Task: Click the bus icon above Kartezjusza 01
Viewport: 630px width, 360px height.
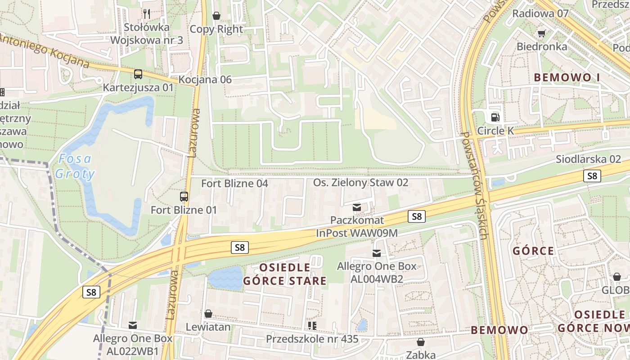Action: pos(138,74)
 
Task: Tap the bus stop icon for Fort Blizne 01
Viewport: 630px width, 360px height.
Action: pos(184,197)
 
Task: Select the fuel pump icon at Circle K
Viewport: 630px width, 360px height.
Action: pos(495,117)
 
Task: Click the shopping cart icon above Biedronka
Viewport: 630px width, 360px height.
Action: pos(542,33)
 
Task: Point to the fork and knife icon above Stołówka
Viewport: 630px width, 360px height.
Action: pos(146,14)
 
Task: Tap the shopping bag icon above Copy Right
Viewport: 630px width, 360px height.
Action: pos(216,16)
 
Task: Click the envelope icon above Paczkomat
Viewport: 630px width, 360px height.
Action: pos(357,207)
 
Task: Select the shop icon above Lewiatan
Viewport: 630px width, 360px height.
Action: pos(208,314)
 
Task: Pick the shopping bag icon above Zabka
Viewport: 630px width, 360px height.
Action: pos(421,342)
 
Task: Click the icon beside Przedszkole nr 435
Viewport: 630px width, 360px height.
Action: pos(312,325)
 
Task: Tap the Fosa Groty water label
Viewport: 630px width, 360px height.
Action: pos(75,166)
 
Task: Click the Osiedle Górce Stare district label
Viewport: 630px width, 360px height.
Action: pos(285,274)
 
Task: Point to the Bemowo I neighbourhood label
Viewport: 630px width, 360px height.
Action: pos(567,77)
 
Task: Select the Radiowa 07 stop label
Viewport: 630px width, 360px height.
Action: pos(540,13)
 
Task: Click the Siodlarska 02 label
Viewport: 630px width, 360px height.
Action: pos(588,159)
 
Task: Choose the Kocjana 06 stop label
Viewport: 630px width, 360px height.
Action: pos(205,80)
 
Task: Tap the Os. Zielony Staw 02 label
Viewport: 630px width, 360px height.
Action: pos(360,182)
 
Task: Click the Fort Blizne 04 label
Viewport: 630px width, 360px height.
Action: pos(234,183)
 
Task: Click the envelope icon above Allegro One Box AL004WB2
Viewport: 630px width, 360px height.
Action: pos(377,253)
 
